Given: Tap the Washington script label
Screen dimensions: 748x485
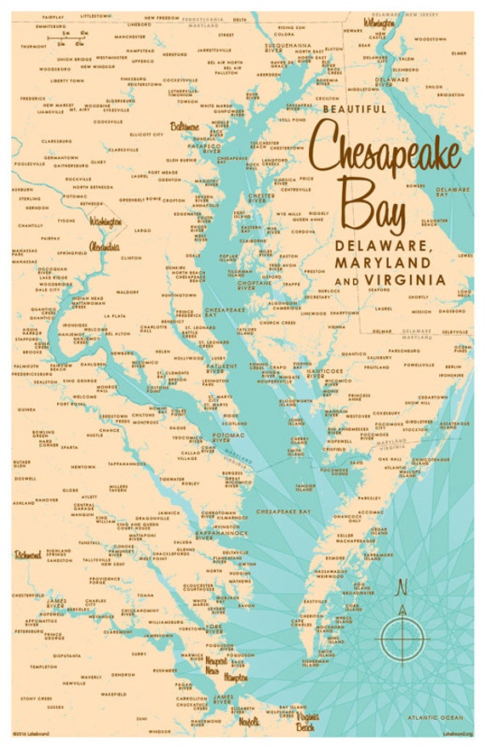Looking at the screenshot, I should pyautogui.click(x=107, y=223).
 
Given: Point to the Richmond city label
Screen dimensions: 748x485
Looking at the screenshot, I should pyautogui.click(x=28, y=555).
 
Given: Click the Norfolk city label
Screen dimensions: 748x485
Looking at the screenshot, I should pyautogui.click(x=248, y=722).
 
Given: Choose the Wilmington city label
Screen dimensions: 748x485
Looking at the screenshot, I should pyautogui.click(x=379, y=22).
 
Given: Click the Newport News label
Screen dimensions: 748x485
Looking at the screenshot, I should pyautogui.click(x=220, y=664).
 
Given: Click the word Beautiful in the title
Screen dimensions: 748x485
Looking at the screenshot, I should pyautogui.click(x=355, y=109).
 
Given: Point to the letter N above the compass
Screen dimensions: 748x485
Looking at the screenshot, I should pyautogui.click(x=402, y=586).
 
